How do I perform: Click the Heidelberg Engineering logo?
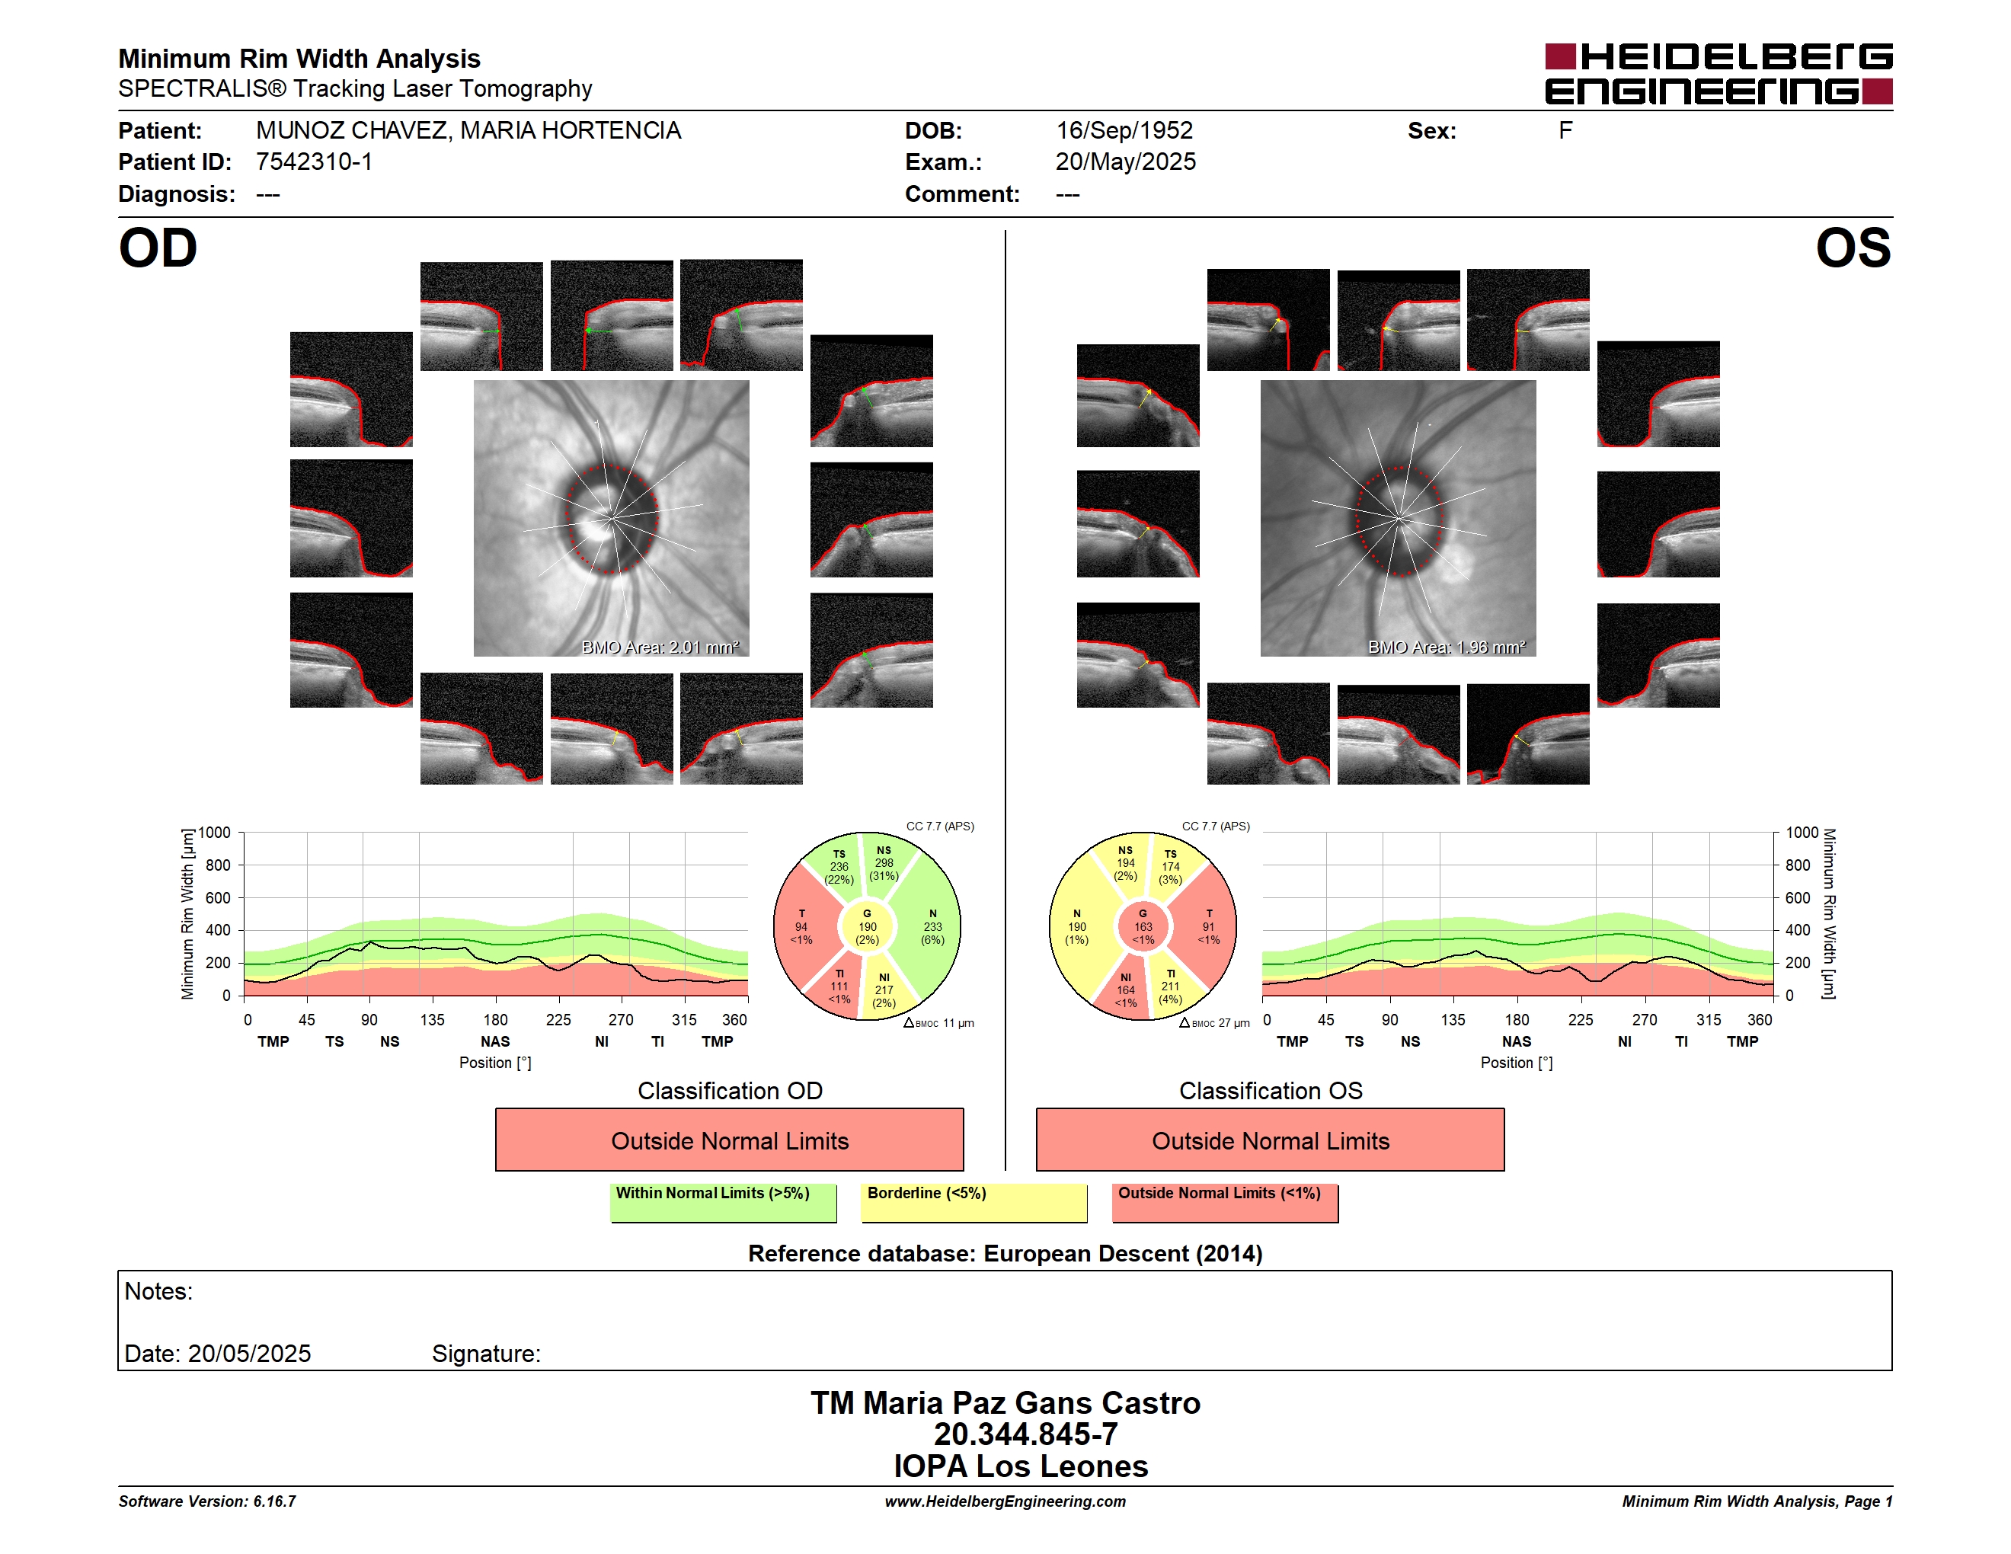click(1718, 74)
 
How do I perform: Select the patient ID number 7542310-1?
click(314, 162)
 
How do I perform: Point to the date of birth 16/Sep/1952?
click(1124, 131)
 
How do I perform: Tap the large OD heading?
click(158, 248)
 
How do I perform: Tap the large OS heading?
click(1853, 248)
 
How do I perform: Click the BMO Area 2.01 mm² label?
click(660, 647)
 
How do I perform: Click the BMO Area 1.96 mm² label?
click(1447, 647)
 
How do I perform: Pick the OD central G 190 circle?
click(868, 928)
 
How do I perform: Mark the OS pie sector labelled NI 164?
click(1125, 990)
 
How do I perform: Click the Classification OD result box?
click(729, 1140)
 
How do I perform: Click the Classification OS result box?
click(1270, 1140)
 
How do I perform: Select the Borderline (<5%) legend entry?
click(974, 1202)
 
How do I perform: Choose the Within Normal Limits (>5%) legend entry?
click(723, 1202)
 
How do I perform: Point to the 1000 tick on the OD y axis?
click(215, 833)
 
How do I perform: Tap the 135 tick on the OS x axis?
click(1453, 1020)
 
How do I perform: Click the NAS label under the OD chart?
click(495, 1041)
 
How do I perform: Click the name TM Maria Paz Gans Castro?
click(1005, 1403)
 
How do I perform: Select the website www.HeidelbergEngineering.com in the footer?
click(1005, 1501)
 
